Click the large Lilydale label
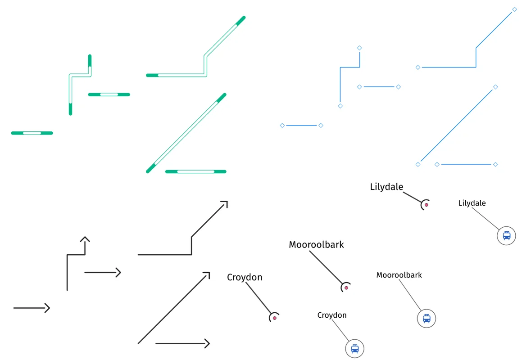point(386,187)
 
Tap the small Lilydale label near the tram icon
point(472,203)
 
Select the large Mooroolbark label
point(316,245)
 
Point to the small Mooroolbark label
point(399,275)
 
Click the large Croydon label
point(245,277)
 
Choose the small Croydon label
point(332,315)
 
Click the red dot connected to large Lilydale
point(426,205)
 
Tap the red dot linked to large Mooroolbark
point(346,287)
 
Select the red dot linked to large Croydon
point(274,318)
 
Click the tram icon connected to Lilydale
point(507,235)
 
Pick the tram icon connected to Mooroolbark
point(427,319)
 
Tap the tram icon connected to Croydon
point(355,349)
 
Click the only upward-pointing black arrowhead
point(85,238)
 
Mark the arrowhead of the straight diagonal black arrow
point(208,274)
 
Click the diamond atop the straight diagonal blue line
point(495,87)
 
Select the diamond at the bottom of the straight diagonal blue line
point(418,164)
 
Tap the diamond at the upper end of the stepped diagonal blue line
point(514,9)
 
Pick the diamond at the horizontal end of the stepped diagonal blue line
point(418,67)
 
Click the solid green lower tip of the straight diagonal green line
point(150,169)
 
